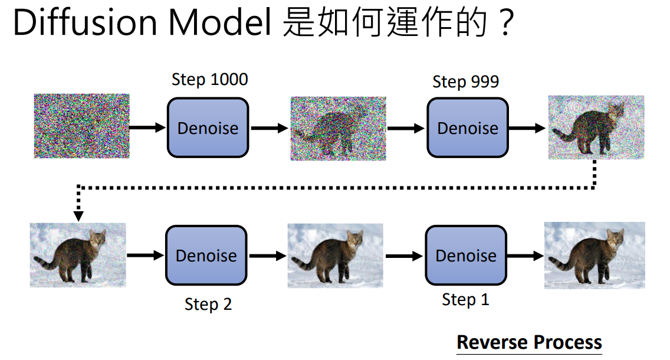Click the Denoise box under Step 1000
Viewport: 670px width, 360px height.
tap(208, 127)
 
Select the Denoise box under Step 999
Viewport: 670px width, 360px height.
tap(468, 127)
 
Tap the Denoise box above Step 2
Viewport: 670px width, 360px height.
tap(206, 256)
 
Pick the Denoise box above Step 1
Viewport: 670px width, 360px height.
tap(466, 256)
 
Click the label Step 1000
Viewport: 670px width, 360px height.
tap(210, 80)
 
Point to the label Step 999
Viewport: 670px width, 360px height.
tap(466, 81)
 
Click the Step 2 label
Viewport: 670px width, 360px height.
tap(208, 305)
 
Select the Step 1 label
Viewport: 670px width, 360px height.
tap(465, 300)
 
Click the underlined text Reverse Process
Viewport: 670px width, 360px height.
tap(530, 342)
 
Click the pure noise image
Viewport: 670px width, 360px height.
tap(81, 126)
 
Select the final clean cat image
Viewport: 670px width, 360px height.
tap(595, 256)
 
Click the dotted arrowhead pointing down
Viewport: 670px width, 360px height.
tap(78, 215)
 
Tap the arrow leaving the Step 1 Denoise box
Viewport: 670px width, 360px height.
tap(525, 256)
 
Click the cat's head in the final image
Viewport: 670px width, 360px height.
tap(615, 239)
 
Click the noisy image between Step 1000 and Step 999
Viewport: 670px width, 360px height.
tap(339, 129)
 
